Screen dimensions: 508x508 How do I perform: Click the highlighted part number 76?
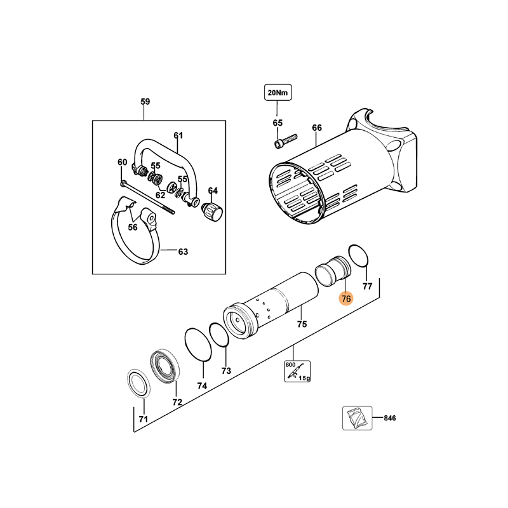coord(346,298)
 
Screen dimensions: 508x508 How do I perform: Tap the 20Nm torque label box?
coord(277,93)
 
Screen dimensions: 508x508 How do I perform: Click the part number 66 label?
coord(317,128)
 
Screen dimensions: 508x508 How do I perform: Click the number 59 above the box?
coord(145,102)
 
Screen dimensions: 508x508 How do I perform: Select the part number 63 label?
coord(183,251)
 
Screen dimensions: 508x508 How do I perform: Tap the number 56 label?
coord(133,227)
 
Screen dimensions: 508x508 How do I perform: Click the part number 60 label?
coord(122,162)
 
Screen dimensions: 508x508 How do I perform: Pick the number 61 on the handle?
coord(178,135)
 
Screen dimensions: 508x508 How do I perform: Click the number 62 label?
coord(161,195)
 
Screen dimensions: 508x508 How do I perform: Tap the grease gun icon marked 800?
coord(297,371)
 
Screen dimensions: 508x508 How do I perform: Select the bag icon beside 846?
coord(357,418)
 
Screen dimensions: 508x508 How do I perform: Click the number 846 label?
coord(390,418)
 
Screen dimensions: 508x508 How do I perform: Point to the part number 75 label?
coord(302,324)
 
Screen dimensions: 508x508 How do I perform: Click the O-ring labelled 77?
coord(359,256)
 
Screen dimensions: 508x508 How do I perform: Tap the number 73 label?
coord(226,371)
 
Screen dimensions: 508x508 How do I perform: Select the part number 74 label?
coord(202,386)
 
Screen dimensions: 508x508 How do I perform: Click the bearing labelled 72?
coord(165,366)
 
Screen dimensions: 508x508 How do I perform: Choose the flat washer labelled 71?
coord(138,383)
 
